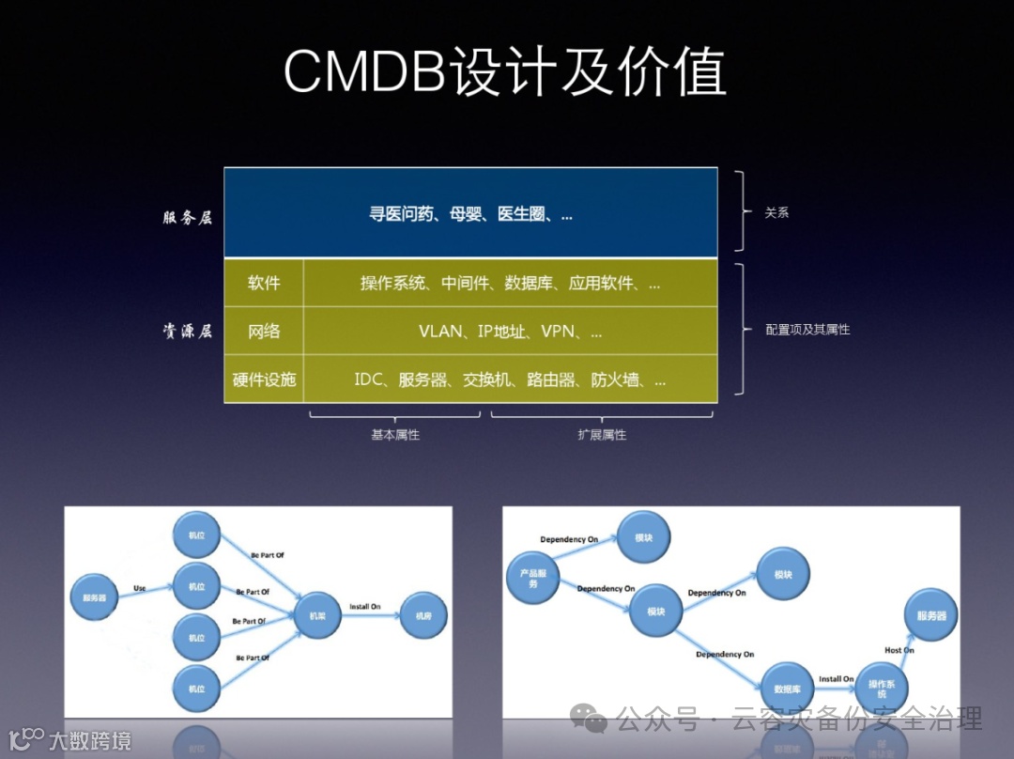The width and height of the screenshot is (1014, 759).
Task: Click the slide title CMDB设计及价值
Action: (x=505, y=70)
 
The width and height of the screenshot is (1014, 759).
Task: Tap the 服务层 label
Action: (x=188, y=217)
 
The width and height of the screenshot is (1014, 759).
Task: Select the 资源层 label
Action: (x=188, y=331)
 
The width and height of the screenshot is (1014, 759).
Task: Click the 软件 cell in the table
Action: (x=264, y=283)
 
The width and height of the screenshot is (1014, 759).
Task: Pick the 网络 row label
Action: (x=264, y=332)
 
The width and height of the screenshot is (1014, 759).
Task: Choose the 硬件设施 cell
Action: (x=264, y=379)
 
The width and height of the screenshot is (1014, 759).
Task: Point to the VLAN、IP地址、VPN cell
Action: (x=510, y=332)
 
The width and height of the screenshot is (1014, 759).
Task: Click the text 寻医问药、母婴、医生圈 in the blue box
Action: (x=470, y=214)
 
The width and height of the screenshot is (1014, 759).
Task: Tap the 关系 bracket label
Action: (x=776, y=213)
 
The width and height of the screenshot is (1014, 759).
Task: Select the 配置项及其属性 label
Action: (x=807, y=330)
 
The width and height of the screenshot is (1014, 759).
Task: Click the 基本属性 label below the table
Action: (x=395, y=435)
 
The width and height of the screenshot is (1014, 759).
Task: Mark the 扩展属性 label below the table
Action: (x=602, y=435)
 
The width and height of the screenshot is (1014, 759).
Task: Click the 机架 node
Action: (x=317, y=615)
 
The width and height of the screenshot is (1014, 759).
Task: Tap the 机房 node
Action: (x=423, y=615)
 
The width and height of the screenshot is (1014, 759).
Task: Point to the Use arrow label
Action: (x=140, y=589)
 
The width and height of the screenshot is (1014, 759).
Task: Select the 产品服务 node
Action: (x=533, y=578)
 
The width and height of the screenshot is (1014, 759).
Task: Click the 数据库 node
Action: (x=787, y=688)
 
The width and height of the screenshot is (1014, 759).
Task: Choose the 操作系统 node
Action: (x=882, y=689)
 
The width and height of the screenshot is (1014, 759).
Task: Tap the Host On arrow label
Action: (x=899, y=650)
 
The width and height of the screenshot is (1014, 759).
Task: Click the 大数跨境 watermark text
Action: (x=90, y=740)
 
